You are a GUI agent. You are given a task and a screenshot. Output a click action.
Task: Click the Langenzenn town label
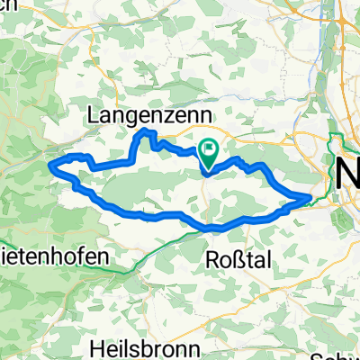(x=149, y=115)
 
